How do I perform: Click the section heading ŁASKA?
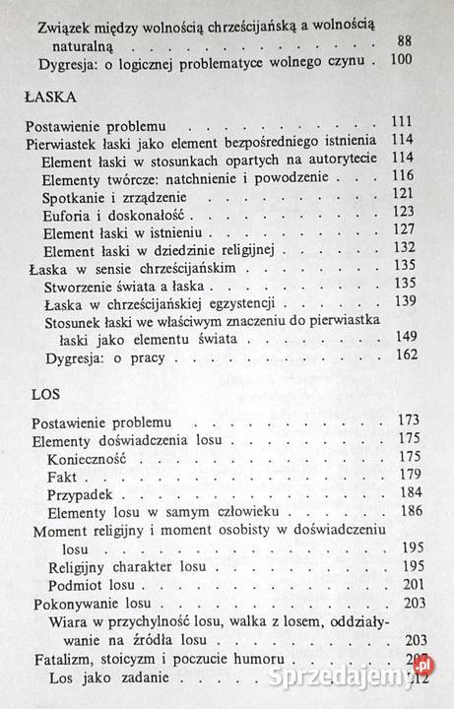[x=48, y=99]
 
